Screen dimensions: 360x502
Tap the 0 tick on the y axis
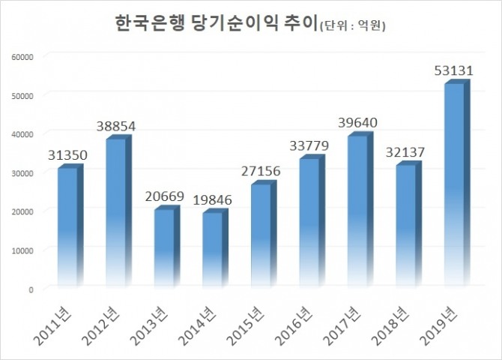tap(31, 289)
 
